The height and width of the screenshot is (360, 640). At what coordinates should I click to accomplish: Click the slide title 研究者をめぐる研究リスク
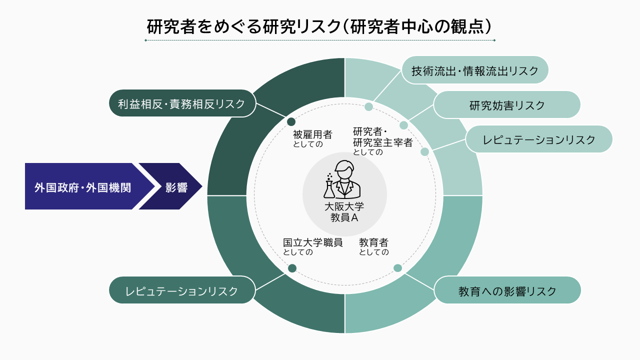[x=319, y=26]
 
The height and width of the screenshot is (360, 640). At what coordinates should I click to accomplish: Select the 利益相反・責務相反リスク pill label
[x=182, y=103]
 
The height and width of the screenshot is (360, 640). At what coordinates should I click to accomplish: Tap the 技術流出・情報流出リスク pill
[x=475, y=70]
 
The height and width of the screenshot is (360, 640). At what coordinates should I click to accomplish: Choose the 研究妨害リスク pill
[x=507, y=105]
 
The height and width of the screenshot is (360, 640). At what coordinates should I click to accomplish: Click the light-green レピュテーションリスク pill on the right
[x=539, y=139]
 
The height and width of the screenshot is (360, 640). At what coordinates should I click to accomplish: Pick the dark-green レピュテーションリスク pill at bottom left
[x=182, y=290]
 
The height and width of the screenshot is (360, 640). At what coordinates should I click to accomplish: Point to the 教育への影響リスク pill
[x=507, y=290]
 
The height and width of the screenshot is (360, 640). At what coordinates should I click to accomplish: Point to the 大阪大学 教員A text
[x=344, y=212]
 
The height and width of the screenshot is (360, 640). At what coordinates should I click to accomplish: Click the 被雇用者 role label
[x=312, y=134]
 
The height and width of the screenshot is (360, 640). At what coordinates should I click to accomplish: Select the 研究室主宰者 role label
[x=383, y=142]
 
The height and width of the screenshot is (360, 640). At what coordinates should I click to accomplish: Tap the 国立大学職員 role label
[x=313, y=242]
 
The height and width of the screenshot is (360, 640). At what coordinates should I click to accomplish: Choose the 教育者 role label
[x=373, y=242]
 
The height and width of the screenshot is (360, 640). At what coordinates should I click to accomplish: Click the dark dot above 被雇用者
[x=291, y=122]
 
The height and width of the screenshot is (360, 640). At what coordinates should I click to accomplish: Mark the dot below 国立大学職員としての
[x=292, y=268]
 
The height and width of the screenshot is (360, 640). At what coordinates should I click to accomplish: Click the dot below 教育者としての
[x=397, y=268]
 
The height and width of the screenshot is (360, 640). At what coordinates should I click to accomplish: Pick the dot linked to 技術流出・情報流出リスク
[x=369, y=107]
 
